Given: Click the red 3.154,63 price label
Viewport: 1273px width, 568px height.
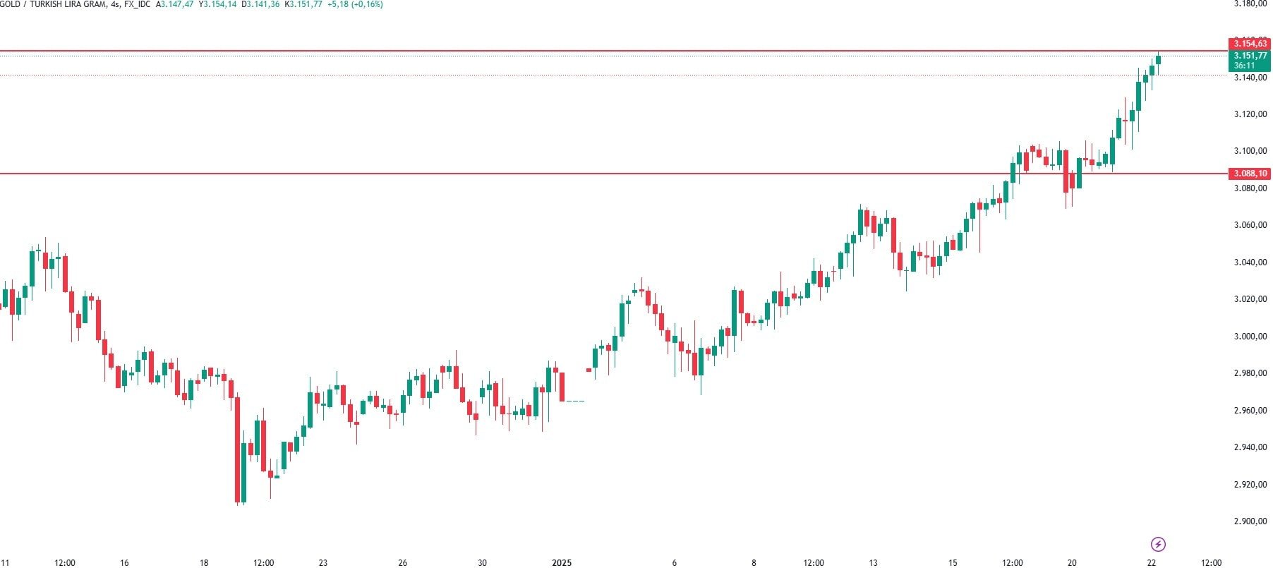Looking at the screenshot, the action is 1249,44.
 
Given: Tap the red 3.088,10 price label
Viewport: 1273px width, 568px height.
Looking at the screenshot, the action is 1249,174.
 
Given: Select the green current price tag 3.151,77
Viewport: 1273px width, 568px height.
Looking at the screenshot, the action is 1249,56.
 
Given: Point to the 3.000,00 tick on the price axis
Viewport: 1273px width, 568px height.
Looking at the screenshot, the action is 1250,337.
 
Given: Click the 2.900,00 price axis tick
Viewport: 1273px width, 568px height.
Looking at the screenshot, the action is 1250,521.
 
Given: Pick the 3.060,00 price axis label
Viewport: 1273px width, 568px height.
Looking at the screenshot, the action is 1250,225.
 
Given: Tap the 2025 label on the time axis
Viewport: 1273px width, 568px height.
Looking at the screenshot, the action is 562,563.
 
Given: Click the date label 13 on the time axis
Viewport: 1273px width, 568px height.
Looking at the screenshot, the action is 873,563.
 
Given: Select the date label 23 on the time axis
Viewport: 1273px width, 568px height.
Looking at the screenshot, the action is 323,563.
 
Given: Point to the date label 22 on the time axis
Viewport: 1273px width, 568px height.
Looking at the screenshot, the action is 1152,563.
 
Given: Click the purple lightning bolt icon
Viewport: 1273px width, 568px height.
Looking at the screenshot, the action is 1158,544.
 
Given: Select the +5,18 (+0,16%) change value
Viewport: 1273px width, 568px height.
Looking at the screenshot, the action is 355,4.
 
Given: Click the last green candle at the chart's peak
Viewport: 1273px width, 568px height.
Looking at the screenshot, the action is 1158,61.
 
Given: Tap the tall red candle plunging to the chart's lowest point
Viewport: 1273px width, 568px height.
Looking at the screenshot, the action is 237,450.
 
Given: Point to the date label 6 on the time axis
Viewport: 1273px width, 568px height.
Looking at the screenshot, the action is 675,563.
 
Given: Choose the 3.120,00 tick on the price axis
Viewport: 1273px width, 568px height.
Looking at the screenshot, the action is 1250,114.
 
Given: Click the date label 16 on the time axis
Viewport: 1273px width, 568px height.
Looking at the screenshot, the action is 124,563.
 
